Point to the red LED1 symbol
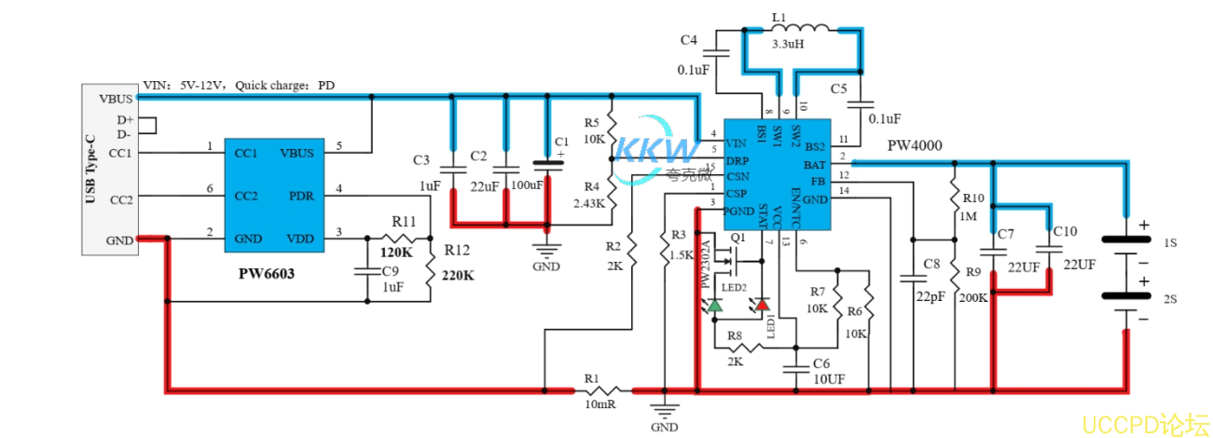click(x=762, y=305)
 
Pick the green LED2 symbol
click(x=715, y=305)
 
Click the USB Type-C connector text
click(x=90, y=170)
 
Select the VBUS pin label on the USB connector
click(x=117, y=97)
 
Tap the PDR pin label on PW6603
click(x=300, y=197)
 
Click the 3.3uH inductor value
click(x=788, y=43)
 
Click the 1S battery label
click(x=1171, y=241)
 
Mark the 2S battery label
click(x=1171, y=299)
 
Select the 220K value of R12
click(x=459, y=276)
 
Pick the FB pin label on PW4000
click(x=817, y=181)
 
